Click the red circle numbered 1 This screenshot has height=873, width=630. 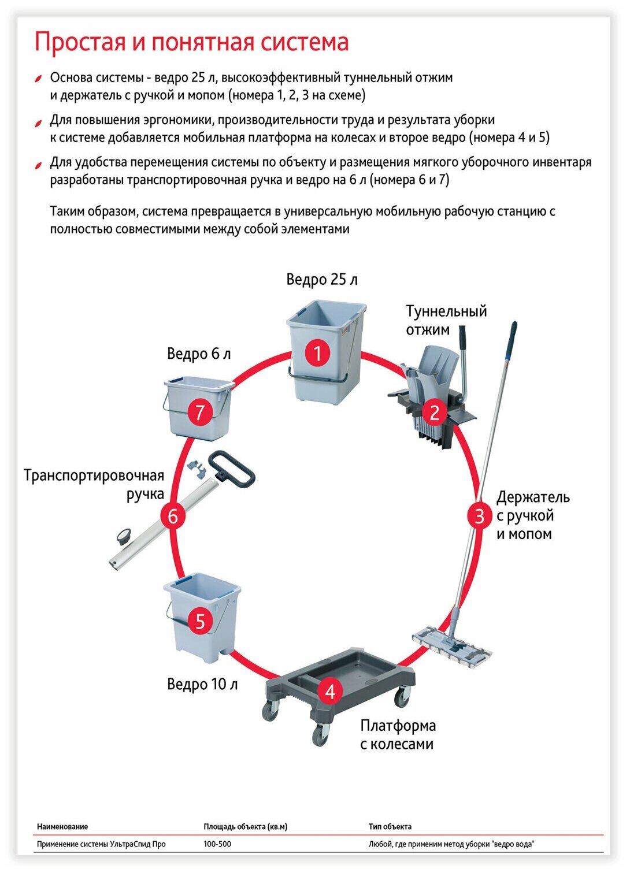(x=317, y=353)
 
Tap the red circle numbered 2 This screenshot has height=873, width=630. (x=435, y=412)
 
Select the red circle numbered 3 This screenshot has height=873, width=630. (x=479, y=515)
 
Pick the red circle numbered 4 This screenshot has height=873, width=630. (x=330, y=691)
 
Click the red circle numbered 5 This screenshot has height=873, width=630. (x=200, y=621)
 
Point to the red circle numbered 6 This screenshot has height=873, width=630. (x=173, y=515)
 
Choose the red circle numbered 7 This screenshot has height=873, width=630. (x=200, y=413)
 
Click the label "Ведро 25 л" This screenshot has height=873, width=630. (x=322, y=280)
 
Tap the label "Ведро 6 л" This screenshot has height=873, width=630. (x=199, y=354)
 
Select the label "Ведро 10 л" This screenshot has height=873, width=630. (x=202, y=684)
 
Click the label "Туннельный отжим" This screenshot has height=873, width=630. (x=446, y=320)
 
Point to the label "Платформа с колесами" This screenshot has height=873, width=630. (x=398, y=734)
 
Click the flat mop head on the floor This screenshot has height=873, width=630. (x=451, y=646)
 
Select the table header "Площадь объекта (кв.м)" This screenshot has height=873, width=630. (x=245, y=827)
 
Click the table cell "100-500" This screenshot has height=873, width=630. (x=217, y=844)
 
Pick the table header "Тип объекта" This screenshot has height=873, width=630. (x=390, y=827)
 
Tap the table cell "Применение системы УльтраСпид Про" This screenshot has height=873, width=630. (x=101, y=844)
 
